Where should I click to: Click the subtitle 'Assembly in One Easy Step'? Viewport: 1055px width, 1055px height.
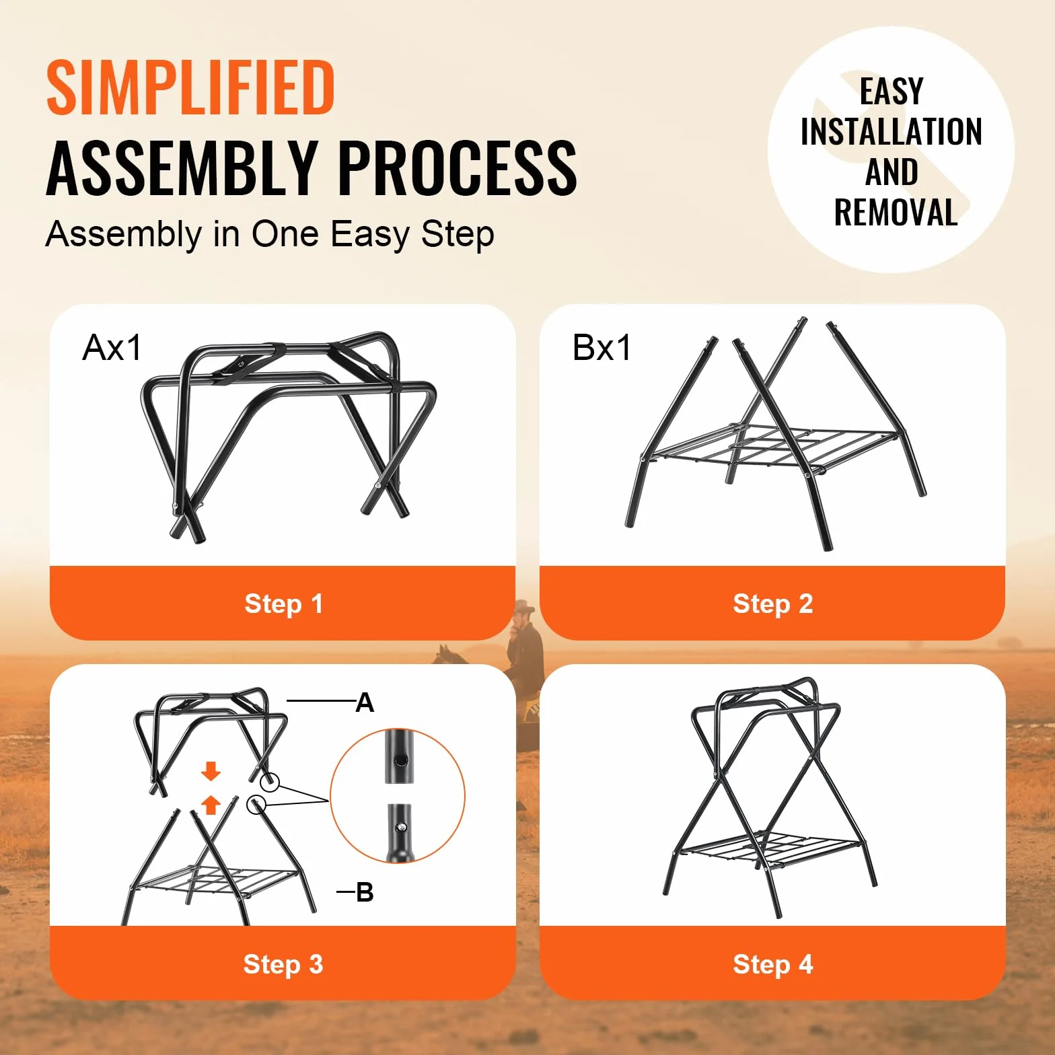270,235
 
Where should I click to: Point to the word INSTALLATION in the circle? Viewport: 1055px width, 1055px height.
891,131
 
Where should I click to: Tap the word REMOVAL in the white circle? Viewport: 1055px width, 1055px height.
896,213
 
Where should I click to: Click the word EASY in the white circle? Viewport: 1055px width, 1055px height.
892,92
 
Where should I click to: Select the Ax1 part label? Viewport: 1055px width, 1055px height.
112,348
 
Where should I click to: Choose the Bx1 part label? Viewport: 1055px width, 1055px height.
602,348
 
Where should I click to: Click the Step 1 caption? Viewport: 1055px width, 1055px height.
283,604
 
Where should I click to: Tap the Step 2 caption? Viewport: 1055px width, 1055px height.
772,604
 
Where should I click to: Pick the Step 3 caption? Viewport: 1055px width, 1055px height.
283,964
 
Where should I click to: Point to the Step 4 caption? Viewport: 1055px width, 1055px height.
772,964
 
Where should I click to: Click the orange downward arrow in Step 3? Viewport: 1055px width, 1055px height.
211,772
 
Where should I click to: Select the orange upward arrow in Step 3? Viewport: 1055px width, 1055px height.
211,804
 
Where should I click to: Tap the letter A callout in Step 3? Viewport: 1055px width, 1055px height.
365,703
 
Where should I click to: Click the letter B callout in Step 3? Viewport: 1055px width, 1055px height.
365,892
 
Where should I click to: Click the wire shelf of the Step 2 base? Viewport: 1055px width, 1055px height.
774,445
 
